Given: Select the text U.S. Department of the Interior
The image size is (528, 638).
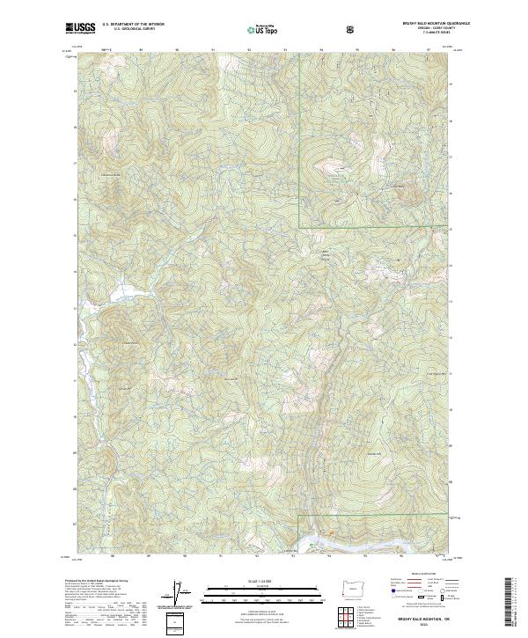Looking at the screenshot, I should [x=133, y=25].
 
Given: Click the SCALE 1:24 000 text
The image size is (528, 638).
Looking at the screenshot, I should [x=251, y=580].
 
